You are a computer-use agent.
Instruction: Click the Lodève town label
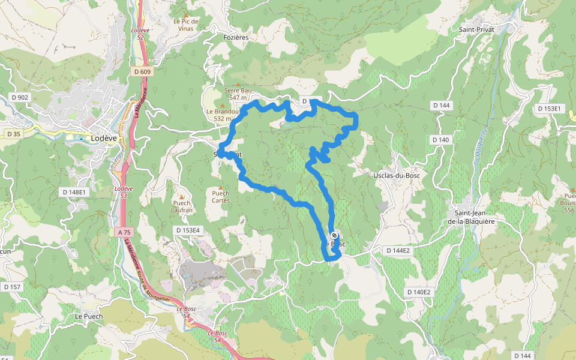point(103,137)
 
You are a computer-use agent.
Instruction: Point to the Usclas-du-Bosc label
point(396,175)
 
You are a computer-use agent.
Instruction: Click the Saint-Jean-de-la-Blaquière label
point(479,217)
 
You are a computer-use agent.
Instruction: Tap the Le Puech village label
point(89,316)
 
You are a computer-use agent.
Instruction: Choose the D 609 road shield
point(143,72)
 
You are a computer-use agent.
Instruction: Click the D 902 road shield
point(20,97)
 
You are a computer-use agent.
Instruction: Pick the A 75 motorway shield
point(124,232)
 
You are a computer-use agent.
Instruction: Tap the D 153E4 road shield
point(188,230)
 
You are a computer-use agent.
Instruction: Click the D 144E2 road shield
point(397,250)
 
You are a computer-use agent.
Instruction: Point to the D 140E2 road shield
point(419,292)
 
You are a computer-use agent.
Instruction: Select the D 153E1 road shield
point(548,109)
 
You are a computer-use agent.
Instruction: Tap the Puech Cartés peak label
point(221,196)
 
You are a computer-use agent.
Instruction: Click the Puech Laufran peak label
point(182,206)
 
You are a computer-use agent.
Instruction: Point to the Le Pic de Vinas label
point(186,24)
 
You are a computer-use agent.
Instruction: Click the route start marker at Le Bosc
point(334,235)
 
